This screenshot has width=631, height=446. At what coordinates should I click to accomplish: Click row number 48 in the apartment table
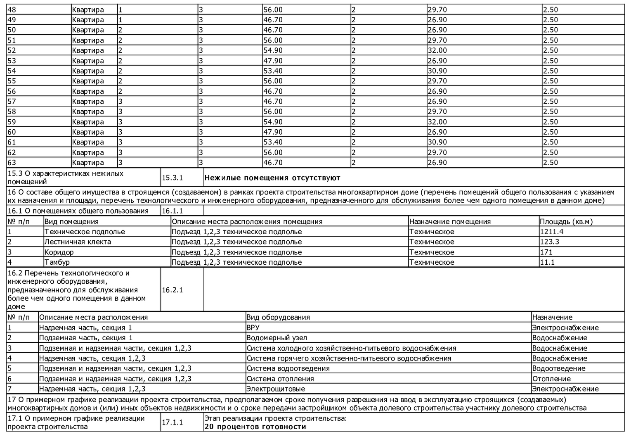pos(12,9)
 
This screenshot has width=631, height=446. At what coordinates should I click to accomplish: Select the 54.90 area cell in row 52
pos(273,50)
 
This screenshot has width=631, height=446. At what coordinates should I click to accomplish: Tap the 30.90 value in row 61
pos(437,142)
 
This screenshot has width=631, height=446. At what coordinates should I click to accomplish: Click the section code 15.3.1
pos(172,178)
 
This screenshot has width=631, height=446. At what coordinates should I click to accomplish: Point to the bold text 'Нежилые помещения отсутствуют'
pos(272,178)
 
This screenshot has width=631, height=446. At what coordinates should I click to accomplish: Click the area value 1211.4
pos(552,232)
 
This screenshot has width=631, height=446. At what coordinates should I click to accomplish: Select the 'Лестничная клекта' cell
pos(78,242)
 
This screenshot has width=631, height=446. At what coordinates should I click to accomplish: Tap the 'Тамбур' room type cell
pos(57,262)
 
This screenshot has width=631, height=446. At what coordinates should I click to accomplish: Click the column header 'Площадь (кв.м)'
pos(566,222)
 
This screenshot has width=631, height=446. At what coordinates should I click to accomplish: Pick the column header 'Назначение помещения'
pos(450,222)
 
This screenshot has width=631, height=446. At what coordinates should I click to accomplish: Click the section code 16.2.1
pos(172,290)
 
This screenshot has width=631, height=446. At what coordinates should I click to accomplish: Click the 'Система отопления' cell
pos(280,379)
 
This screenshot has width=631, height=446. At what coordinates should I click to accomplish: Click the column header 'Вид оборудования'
pos(278,318)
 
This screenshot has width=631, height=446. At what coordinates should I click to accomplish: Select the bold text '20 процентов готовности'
pos(255,427)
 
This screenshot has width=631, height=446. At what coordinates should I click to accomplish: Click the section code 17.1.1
pos(172,422)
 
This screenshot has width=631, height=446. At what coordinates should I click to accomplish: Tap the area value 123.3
pos(550,242)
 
